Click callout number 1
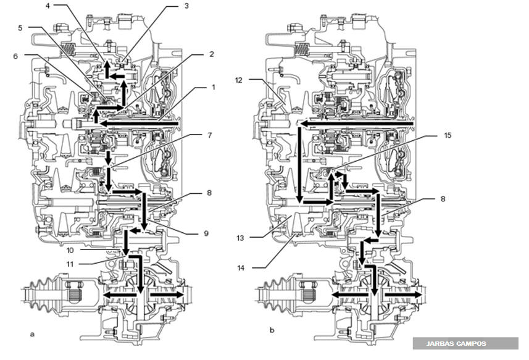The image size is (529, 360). (213, 87)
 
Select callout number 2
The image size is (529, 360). (212, 54)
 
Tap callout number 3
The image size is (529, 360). (186, 6)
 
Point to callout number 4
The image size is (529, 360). (48, 6)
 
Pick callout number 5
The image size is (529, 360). (20, 28)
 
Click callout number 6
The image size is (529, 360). (15, 56)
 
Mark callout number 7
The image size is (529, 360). (210, 135)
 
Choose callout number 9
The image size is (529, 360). (206, 233)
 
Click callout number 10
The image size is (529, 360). (70, 250)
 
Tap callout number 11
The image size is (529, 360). (70, 264)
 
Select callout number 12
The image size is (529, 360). (239, 80)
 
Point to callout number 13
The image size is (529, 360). (240, 238)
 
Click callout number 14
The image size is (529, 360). (241, 268)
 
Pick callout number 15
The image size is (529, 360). (448, 135)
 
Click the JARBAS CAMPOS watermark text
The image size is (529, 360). (456, 344)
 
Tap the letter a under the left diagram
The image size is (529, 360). (32, 334)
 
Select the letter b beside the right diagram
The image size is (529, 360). (272, 330)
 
